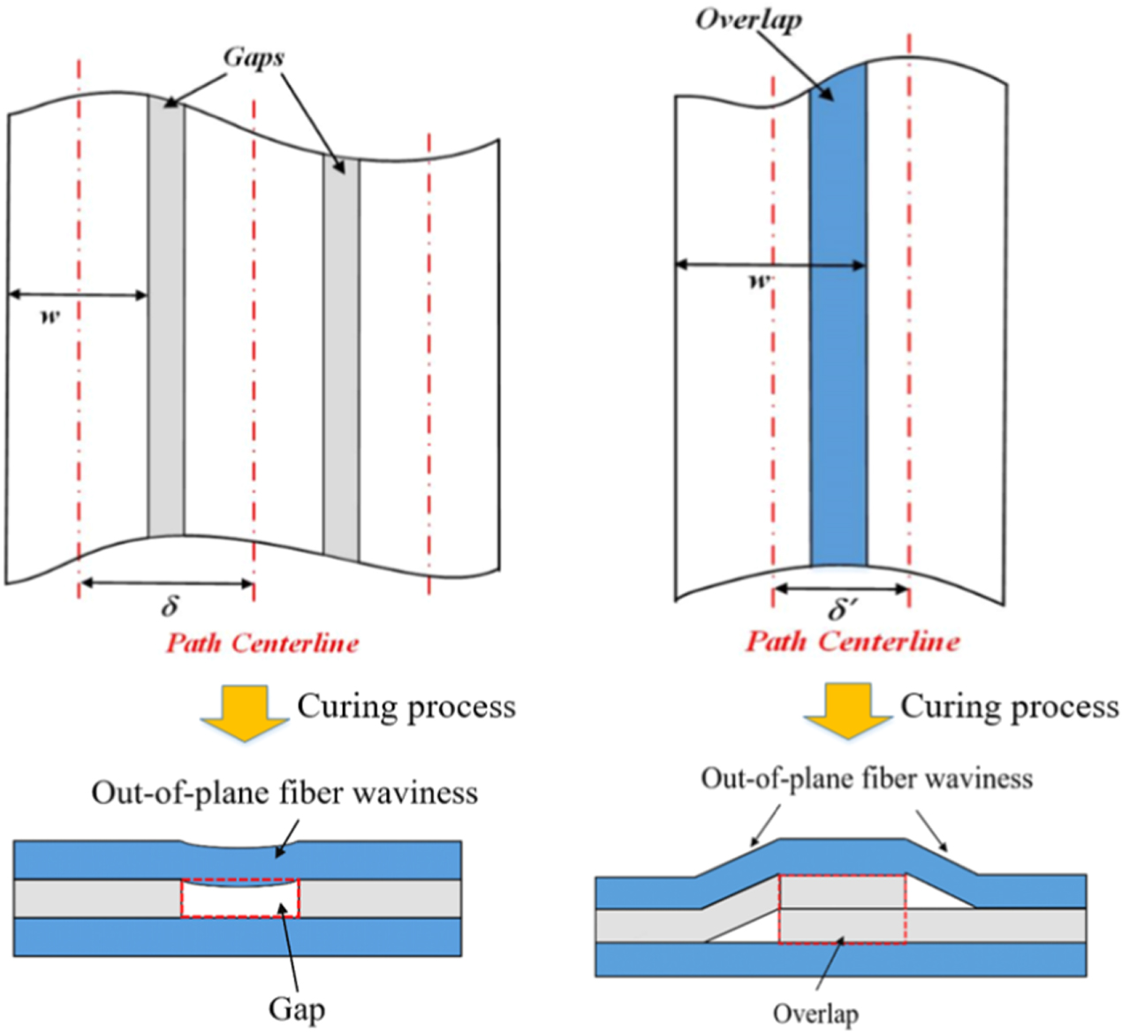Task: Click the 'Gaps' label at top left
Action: [x=254, y=57]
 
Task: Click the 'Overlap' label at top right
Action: [x=748, y=19]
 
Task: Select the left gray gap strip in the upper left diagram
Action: [x=166, y=318]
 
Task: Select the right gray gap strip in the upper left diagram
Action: [x=341, y=353]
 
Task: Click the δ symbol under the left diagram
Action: [x=170, y=606]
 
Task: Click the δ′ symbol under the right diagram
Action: [x=842, y=609]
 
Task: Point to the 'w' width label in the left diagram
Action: [x=50, y=315]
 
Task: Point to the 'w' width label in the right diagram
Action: [x=760, y=282]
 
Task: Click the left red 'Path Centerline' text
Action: [x=262, y=642]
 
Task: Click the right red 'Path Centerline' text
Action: [x=852, y=641]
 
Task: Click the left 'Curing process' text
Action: [x=406, y=707]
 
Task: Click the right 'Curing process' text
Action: [x=1010, y=707]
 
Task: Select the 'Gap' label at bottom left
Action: [x=297, y=1008]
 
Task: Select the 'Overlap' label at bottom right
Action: [x=815, y=1014]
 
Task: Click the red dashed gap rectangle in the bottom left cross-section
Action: [x=240, y=898]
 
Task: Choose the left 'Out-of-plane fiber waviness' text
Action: [x=284, y=793]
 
